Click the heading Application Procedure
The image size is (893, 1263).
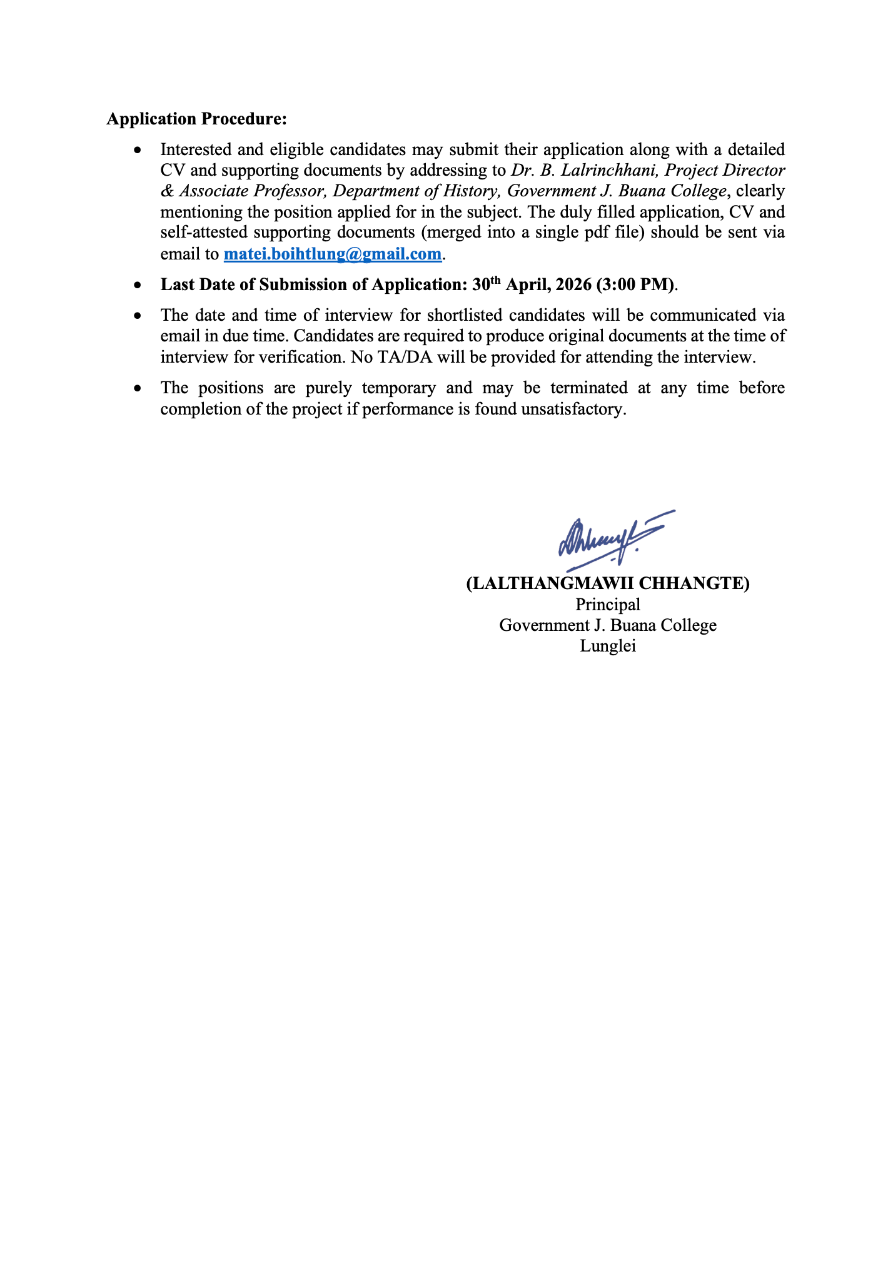196,119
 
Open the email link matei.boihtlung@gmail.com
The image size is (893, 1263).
332,254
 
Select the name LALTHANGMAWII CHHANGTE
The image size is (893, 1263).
608,583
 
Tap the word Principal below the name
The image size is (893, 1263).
608,605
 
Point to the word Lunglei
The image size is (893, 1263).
608,646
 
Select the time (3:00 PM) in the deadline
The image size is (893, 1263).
635,284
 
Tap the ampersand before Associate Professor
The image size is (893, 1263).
167,191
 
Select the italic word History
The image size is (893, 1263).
469,191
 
